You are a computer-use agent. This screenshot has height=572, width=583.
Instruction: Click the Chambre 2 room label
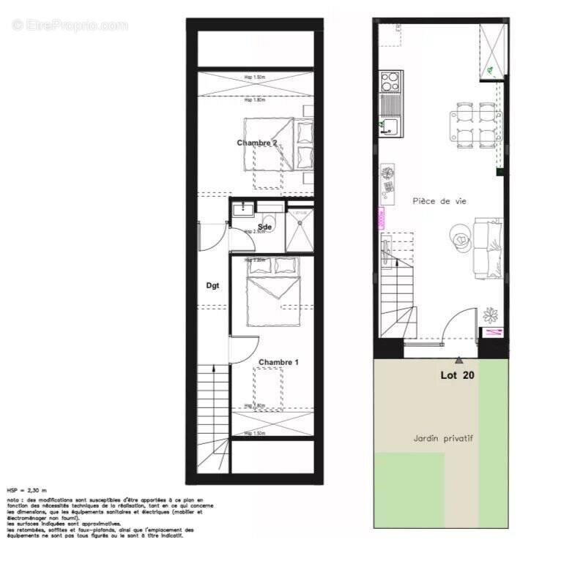(x=256, y=143)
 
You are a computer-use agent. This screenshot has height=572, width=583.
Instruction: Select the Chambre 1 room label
(x=279, y=362)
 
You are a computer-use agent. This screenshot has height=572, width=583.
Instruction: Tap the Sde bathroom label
(x=264, y=227)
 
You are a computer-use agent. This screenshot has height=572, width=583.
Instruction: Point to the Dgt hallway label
(x=212, y=286)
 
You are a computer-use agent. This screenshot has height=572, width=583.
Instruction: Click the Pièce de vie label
(x=439, y=200)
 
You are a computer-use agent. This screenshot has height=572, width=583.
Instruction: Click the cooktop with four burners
(x=390, y=80)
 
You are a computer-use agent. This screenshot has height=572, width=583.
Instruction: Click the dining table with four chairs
(x=477, y=122)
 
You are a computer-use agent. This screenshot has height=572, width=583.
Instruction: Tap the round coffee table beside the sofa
(x=461, y=238)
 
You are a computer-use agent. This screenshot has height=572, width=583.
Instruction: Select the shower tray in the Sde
(x=299, y=229)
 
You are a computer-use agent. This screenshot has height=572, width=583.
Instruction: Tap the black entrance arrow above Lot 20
(x=458, y=360)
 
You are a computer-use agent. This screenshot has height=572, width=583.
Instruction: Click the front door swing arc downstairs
(x=461, y=322)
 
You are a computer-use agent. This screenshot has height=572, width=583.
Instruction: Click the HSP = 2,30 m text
(x=26, y=490)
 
